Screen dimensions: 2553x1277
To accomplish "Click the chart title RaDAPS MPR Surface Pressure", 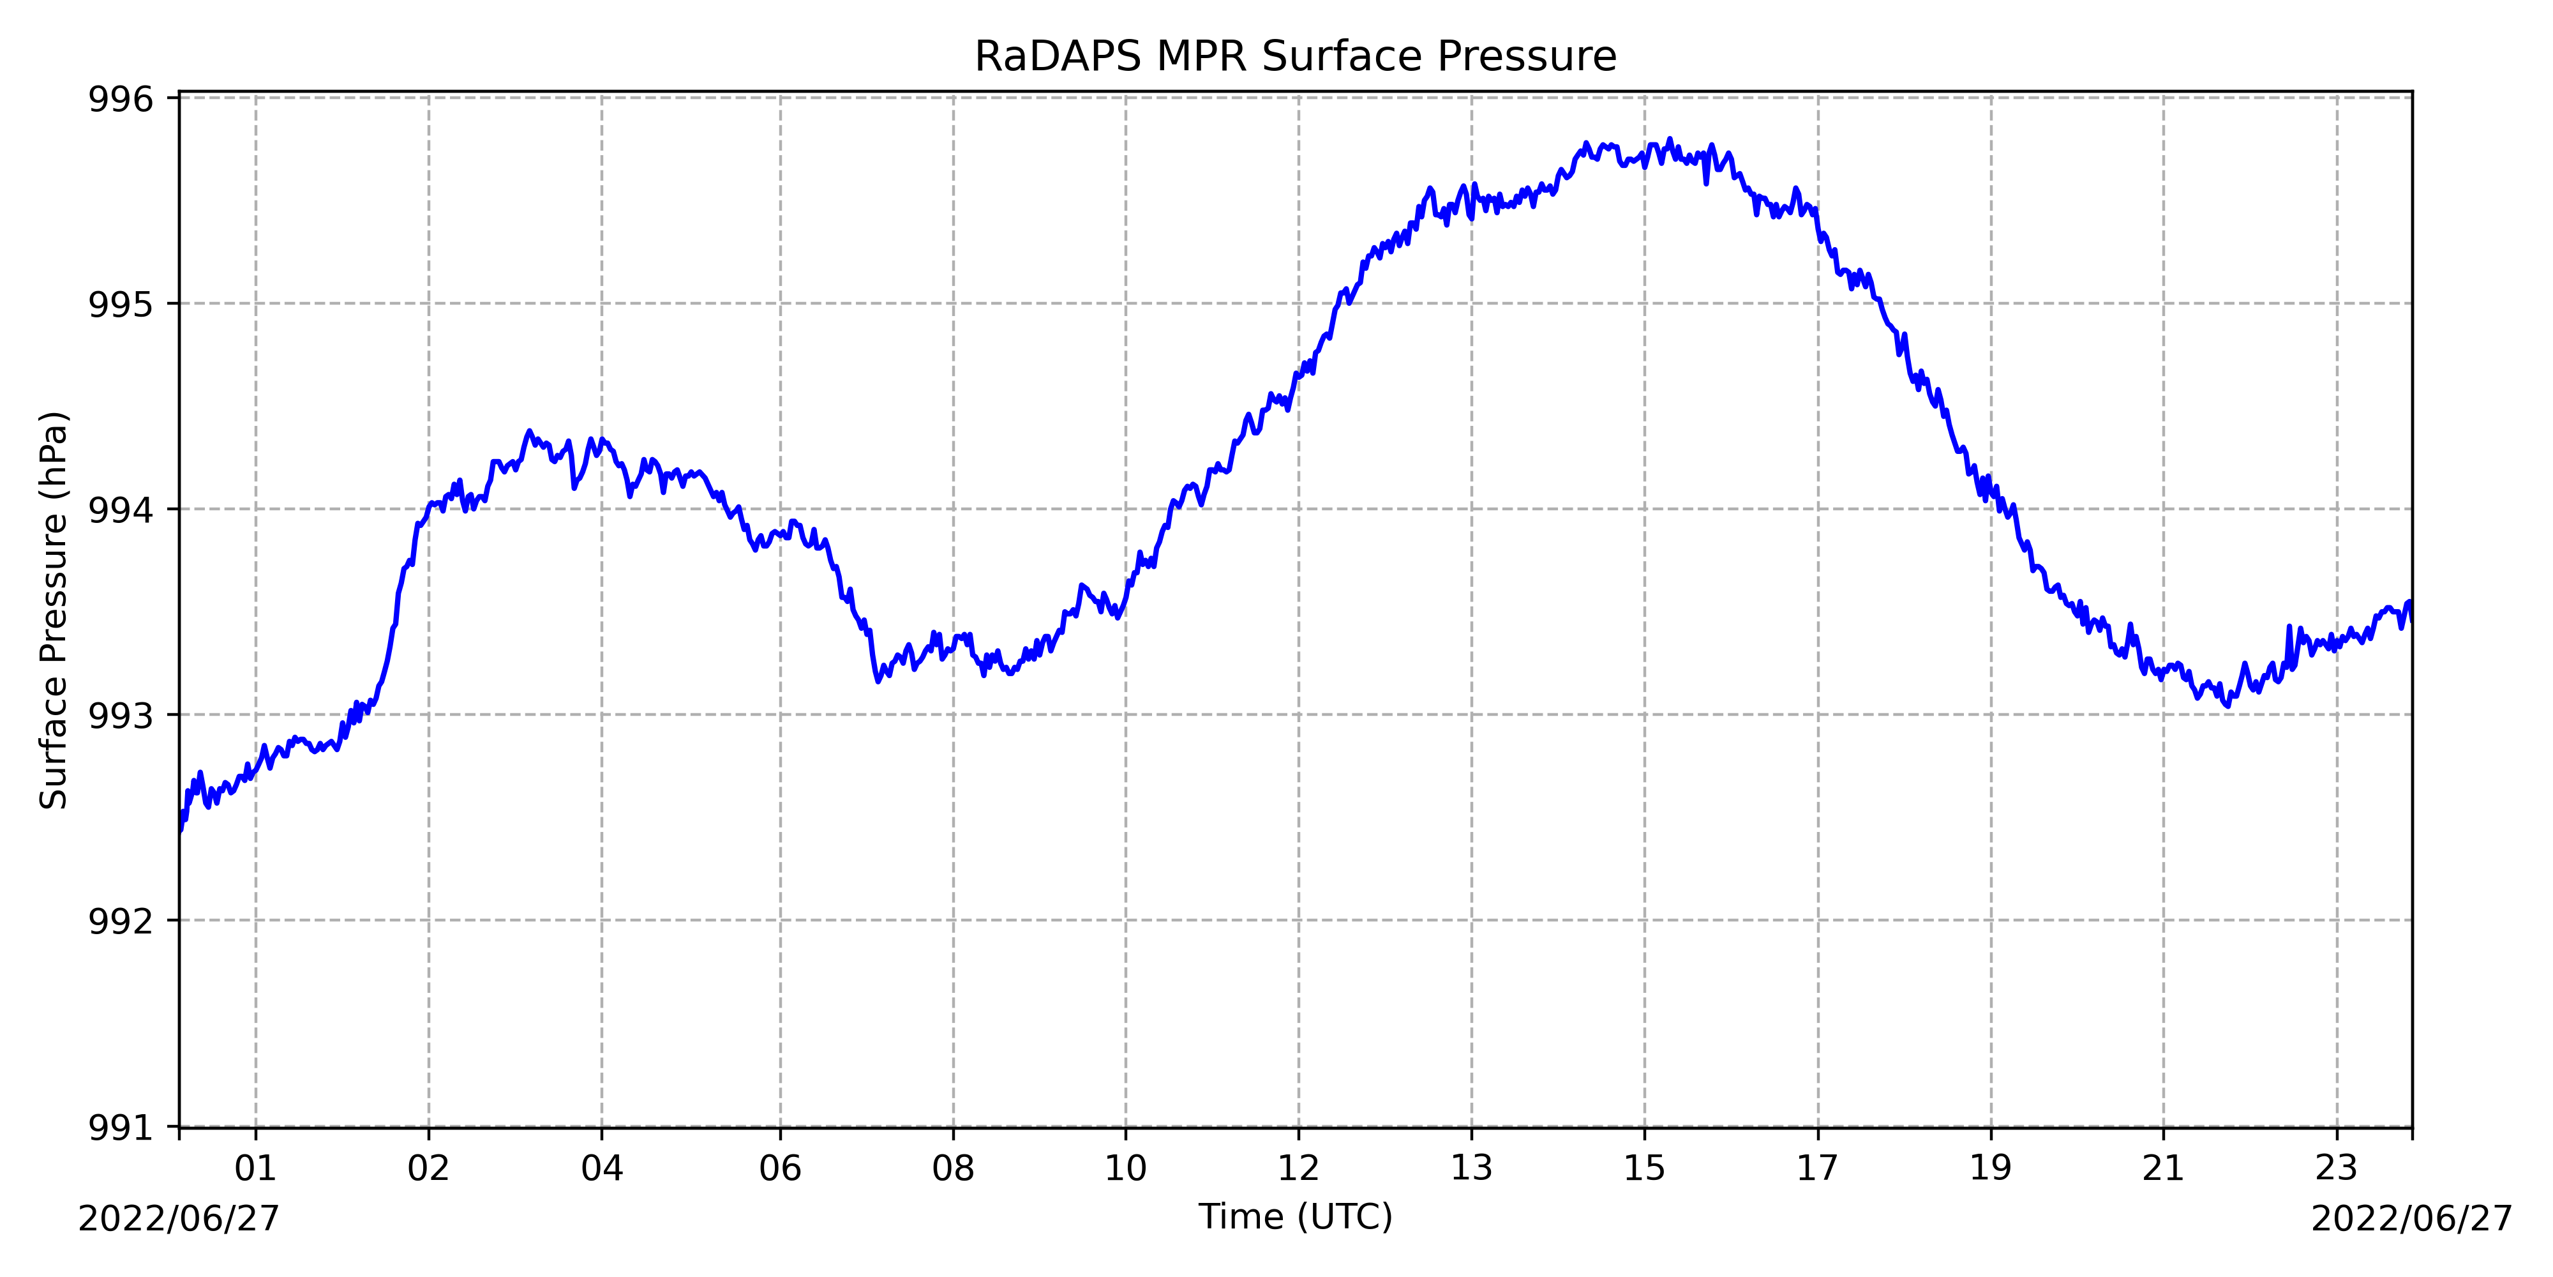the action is click(1296, 57).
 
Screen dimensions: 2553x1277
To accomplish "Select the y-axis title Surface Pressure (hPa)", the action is click(54, 610).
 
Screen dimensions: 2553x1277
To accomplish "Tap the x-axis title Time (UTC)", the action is click(1296, 1216).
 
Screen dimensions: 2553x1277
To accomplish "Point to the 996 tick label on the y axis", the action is click(121, 99).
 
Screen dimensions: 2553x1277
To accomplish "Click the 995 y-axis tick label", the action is click(121, 305).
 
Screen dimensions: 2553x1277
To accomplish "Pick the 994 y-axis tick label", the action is click(121, 510).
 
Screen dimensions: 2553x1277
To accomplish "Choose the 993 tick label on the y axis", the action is click(121, 716).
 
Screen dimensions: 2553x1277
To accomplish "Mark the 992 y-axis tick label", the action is click(121, 921).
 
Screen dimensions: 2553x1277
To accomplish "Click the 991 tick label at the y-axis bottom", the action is click(121, 1128).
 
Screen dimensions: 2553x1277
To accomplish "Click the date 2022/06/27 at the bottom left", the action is click(179, 1218).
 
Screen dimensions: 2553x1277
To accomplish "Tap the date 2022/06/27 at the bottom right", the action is click(2411, 1218).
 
